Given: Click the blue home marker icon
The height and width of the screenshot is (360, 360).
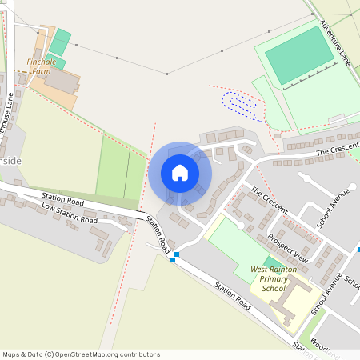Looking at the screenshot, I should tap(180, 173).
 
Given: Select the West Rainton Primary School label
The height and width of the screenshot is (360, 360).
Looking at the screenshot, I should tap(274, 279).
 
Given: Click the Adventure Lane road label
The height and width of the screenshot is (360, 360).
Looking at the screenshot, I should tap(334, 42).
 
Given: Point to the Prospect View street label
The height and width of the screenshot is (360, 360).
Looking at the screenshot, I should tap(288, 248).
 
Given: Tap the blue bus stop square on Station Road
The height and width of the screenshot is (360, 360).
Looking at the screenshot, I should tap(174, 258).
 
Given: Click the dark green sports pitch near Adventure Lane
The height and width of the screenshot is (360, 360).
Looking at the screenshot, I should tap(299, 54).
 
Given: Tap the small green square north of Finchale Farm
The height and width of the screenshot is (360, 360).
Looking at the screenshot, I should tap(62, 37).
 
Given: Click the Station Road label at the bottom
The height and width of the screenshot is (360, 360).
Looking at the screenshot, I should tap(232, 297).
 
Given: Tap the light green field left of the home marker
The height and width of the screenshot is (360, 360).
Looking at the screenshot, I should tap(113, 167).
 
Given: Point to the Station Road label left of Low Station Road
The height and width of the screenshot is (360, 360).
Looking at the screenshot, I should tap(62, 198).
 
